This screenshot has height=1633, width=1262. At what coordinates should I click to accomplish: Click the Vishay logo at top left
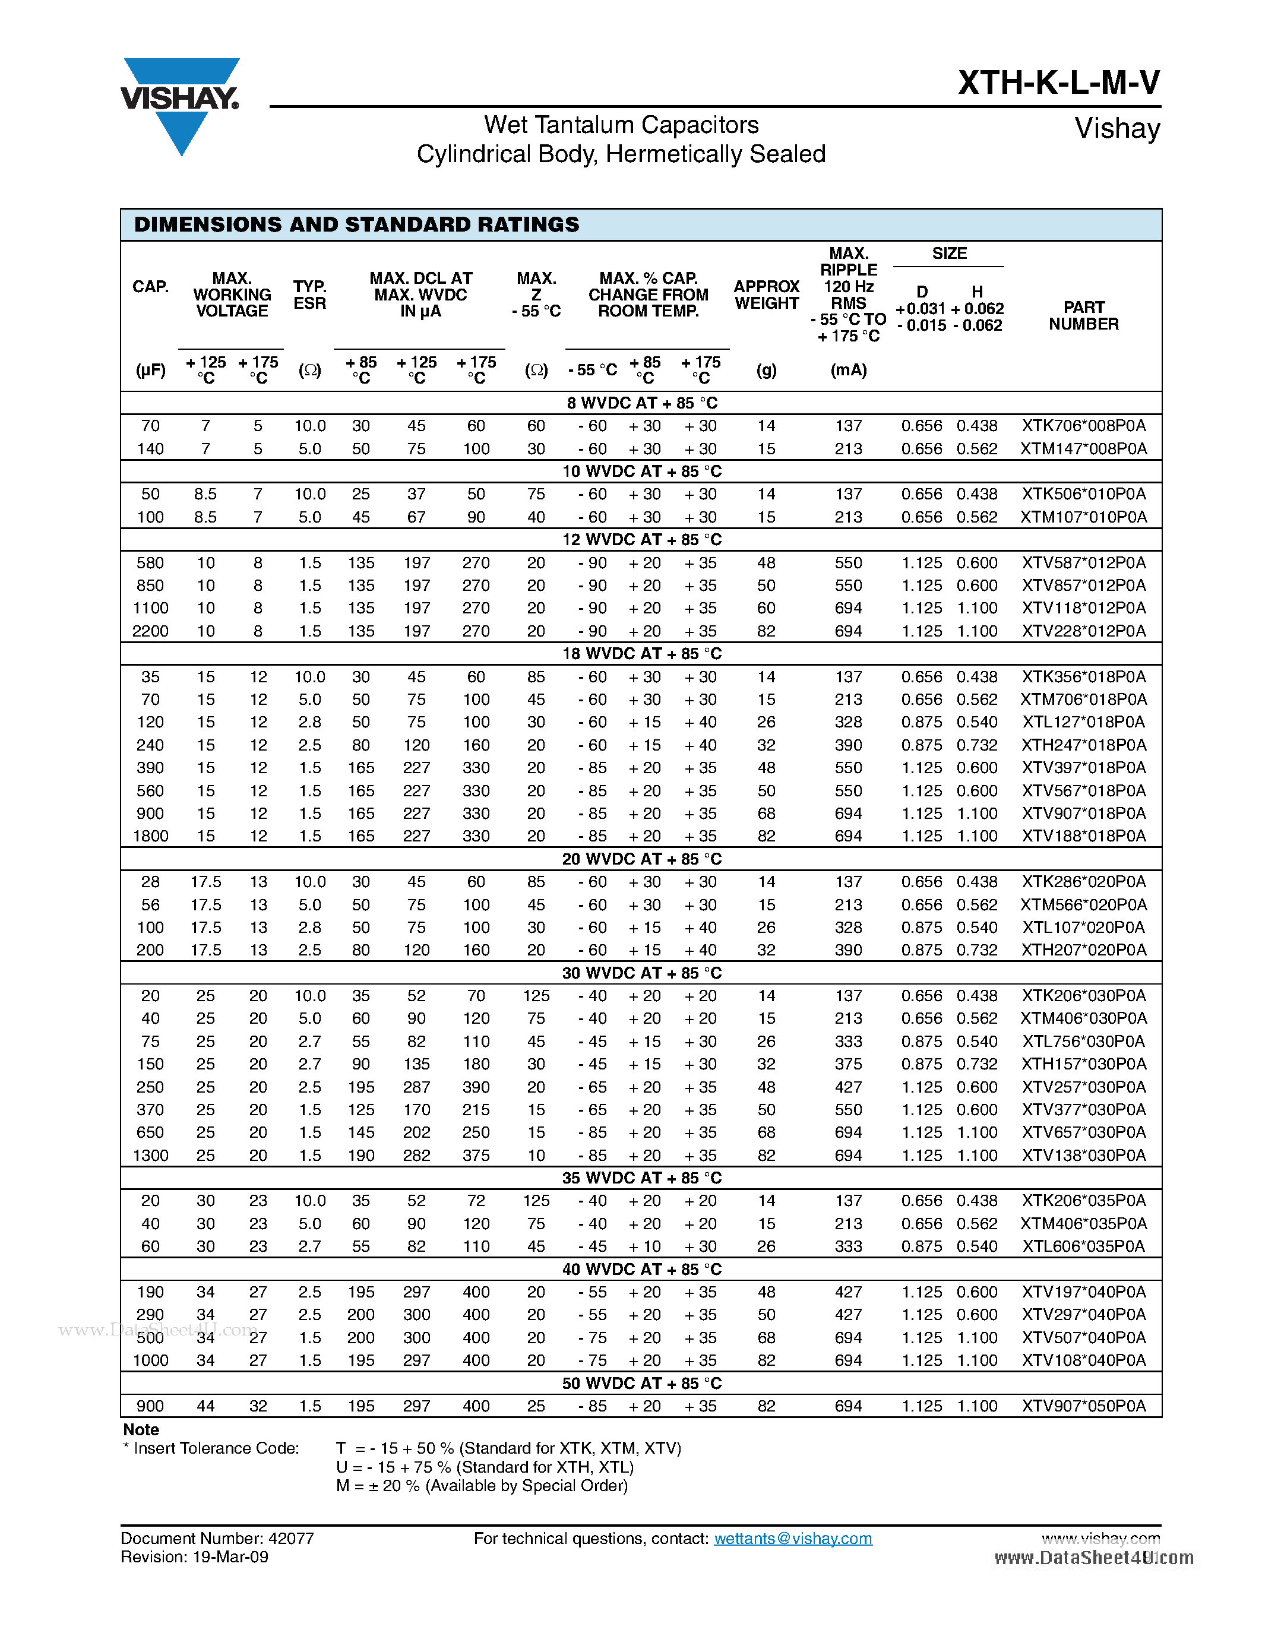tap(179, 101)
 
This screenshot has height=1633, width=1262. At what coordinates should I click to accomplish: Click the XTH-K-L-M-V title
tap(1059, 83)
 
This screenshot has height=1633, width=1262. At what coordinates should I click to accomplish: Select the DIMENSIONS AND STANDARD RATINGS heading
tap(356, 225)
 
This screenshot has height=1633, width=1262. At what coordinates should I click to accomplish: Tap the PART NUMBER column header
tap(1083, 315)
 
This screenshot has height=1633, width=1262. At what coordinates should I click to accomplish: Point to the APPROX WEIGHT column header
tap(766, 295)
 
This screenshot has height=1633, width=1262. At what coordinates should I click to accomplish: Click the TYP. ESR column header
tap(309, 295)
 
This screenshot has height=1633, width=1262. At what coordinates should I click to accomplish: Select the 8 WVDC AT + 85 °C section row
tap(641, 403)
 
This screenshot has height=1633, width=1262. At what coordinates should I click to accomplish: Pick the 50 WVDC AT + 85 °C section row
tap(641, 1383)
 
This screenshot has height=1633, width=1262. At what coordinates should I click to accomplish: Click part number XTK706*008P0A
tap(1083, 425)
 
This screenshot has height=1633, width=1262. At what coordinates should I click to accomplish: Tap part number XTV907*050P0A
tap(1083, 1406)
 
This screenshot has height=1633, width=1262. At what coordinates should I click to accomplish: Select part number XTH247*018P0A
tap(1083, 745)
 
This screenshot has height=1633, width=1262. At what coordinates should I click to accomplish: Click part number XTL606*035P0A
tap(1083, 1246)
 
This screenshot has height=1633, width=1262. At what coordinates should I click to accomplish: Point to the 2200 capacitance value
tap(150, 631)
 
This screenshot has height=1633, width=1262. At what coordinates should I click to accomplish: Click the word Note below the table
tap(141, 1430)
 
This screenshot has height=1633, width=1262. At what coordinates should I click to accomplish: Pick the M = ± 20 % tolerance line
tap(482, 1486)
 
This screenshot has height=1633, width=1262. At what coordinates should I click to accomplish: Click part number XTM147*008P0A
tap(1083, 448)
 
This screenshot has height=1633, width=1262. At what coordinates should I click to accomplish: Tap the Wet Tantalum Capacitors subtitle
tap(621, 125)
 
